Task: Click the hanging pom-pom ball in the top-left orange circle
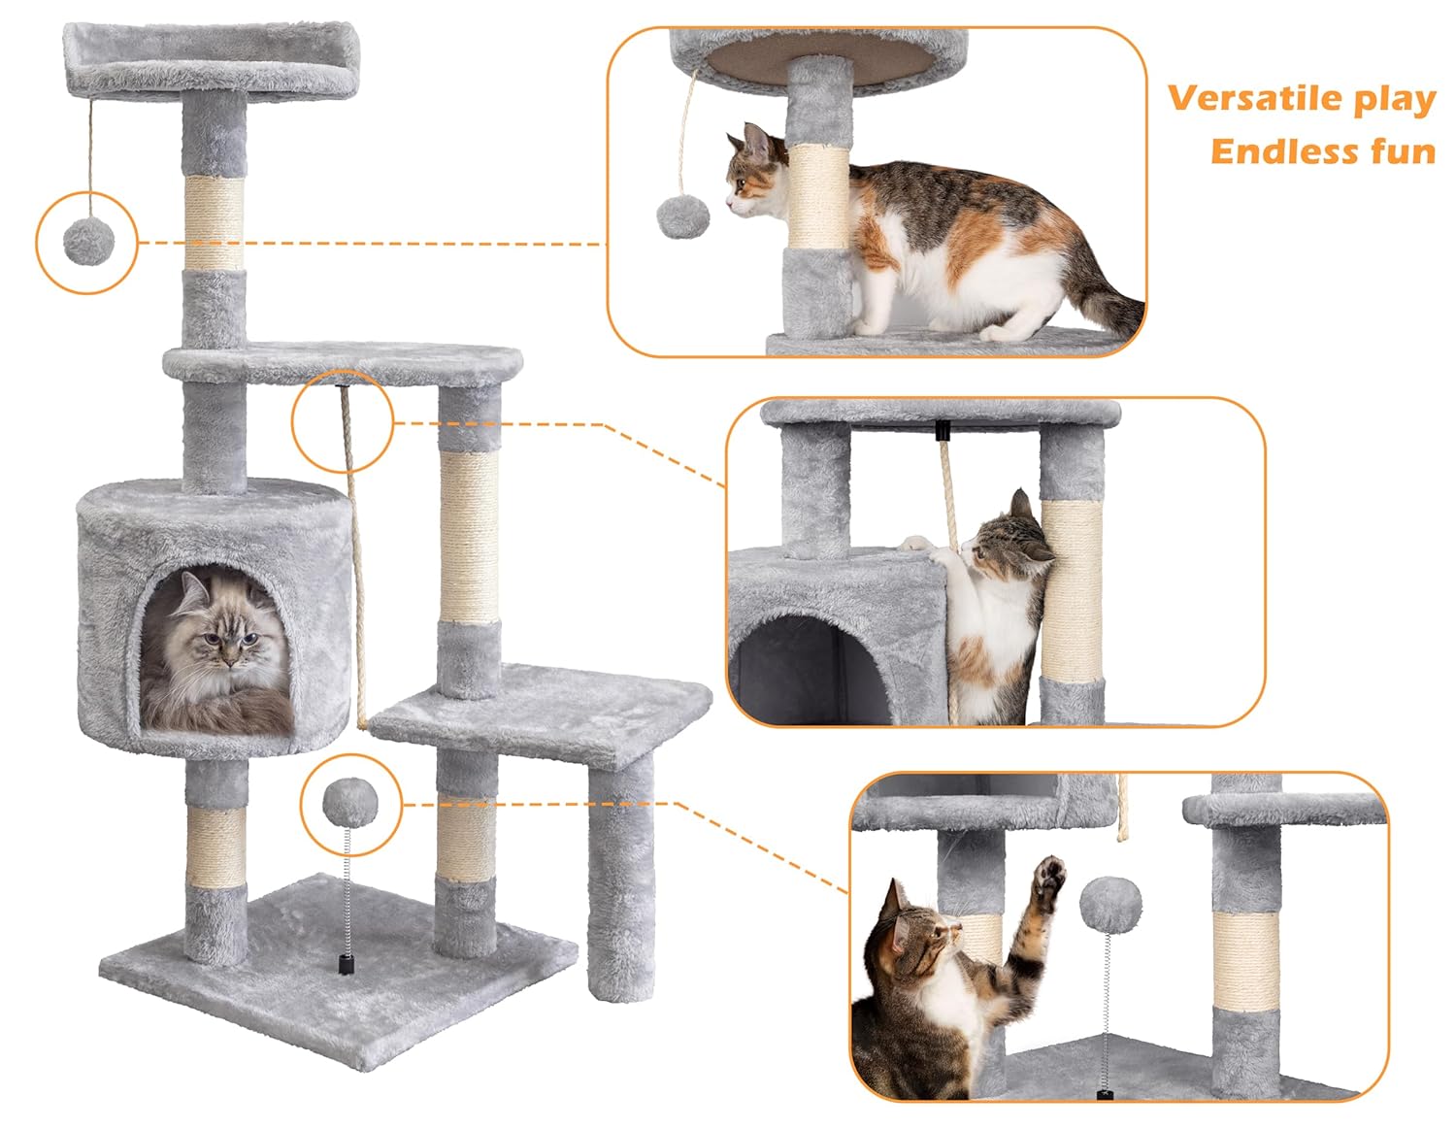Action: pos(87,240)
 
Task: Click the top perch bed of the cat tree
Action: pos(206,60)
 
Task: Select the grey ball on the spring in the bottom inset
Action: pos(1104,901)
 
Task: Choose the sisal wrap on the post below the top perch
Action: pos(215,223)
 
